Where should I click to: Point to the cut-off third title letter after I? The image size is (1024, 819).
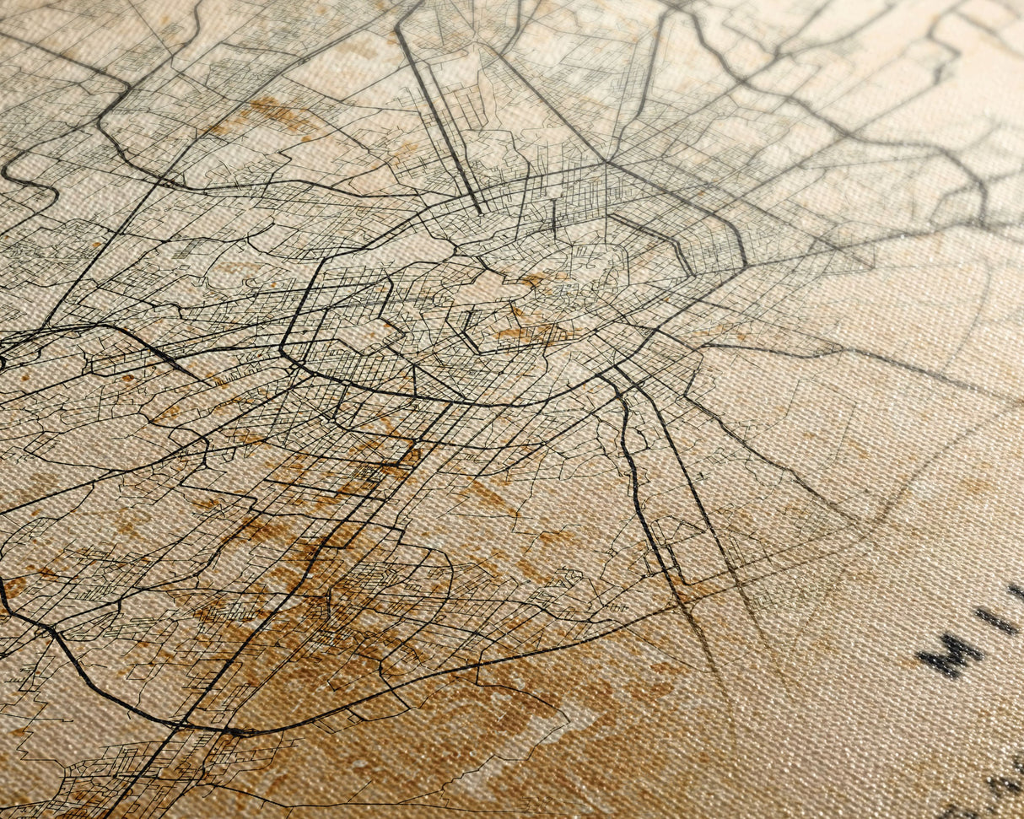1017,591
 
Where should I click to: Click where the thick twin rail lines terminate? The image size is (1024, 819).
482,210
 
